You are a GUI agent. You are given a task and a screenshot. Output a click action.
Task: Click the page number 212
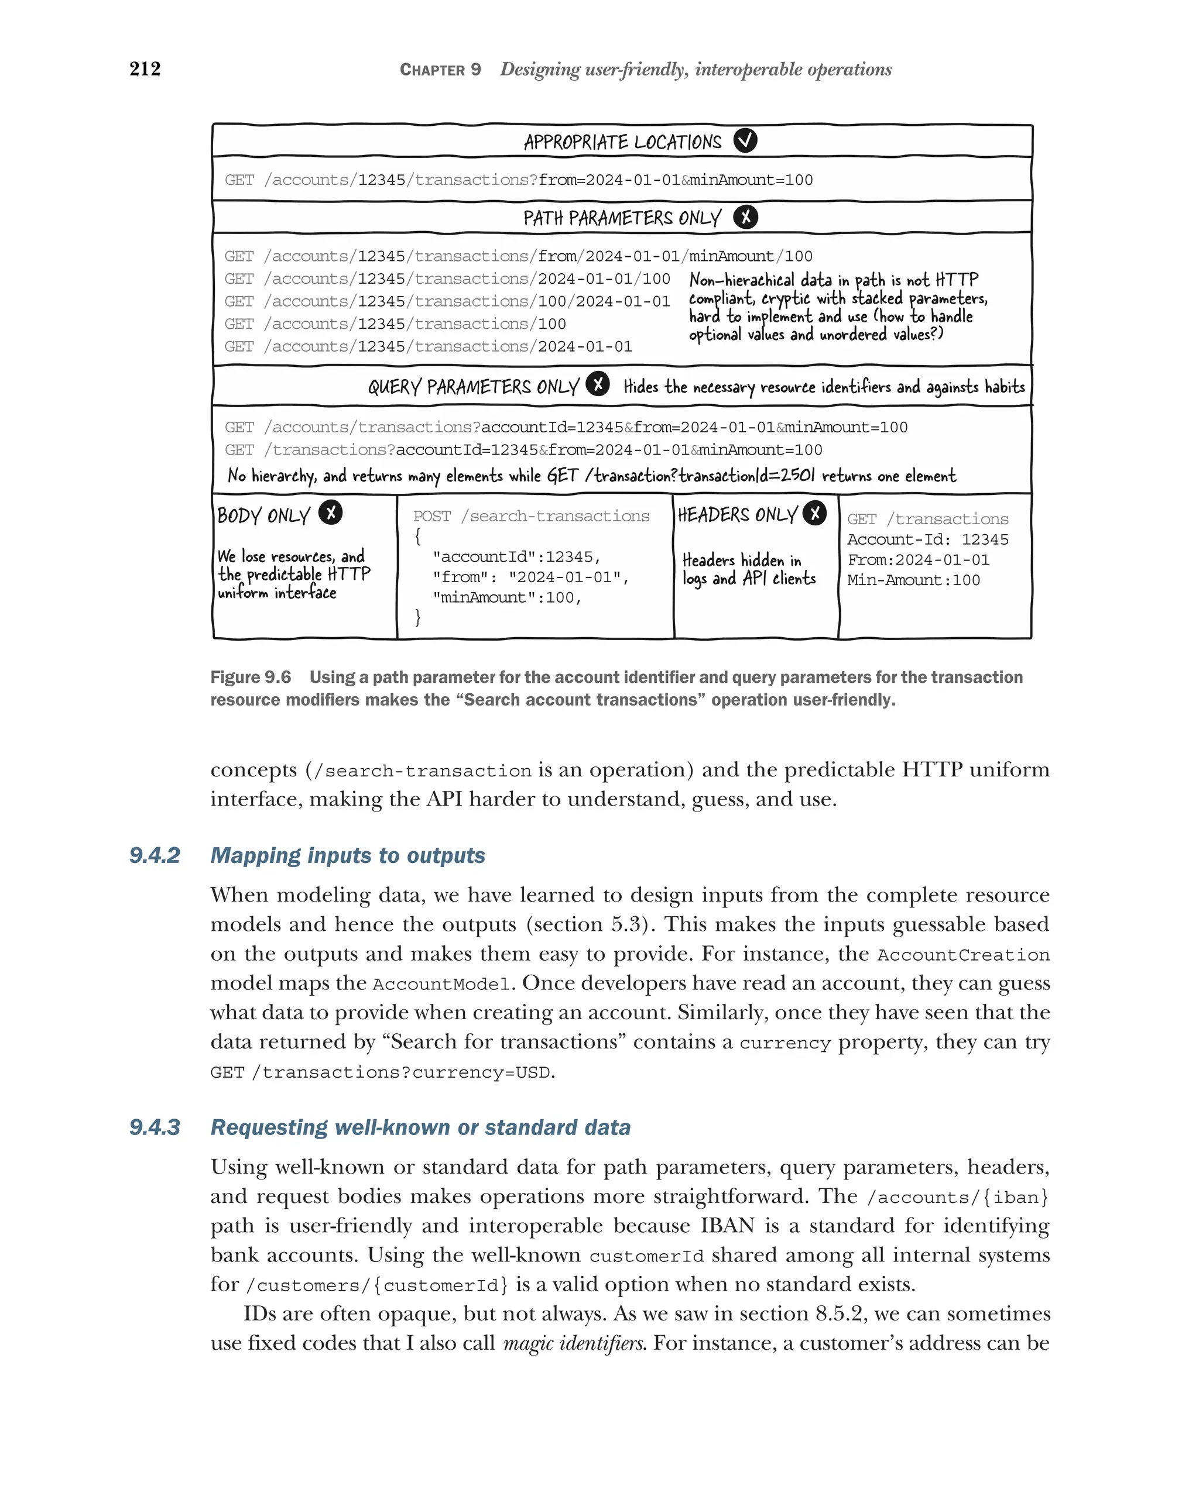[145, 69]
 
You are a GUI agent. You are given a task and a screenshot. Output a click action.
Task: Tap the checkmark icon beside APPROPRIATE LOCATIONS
[745, 141]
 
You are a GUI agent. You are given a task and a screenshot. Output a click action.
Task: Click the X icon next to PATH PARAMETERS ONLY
[745, 217]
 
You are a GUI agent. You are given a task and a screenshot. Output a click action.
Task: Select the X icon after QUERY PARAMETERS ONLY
[598, 384]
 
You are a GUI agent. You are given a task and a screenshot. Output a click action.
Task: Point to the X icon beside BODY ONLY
[331, 513]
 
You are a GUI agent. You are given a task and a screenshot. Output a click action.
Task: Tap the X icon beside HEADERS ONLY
[814, 513]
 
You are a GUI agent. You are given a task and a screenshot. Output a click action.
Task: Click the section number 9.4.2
[155, 855]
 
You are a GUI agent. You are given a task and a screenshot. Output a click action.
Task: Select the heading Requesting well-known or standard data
[420, 1127]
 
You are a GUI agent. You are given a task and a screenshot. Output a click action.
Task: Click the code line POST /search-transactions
[531, 517]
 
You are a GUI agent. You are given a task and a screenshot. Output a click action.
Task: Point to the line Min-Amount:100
[913, 580]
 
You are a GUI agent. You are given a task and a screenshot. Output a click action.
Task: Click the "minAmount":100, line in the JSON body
[507, 597]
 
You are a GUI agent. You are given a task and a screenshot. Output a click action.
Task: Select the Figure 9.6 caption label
[251, 677]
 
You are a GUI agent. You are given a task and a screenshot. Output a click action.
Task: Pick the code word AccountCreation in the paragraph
[963, 955]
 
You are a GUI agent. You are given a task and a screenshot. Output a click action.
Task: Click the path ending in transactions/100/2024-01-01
[446, 301]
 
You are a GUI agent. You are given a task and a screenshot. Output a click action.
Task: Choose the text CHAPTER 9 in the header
[440, 70]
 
